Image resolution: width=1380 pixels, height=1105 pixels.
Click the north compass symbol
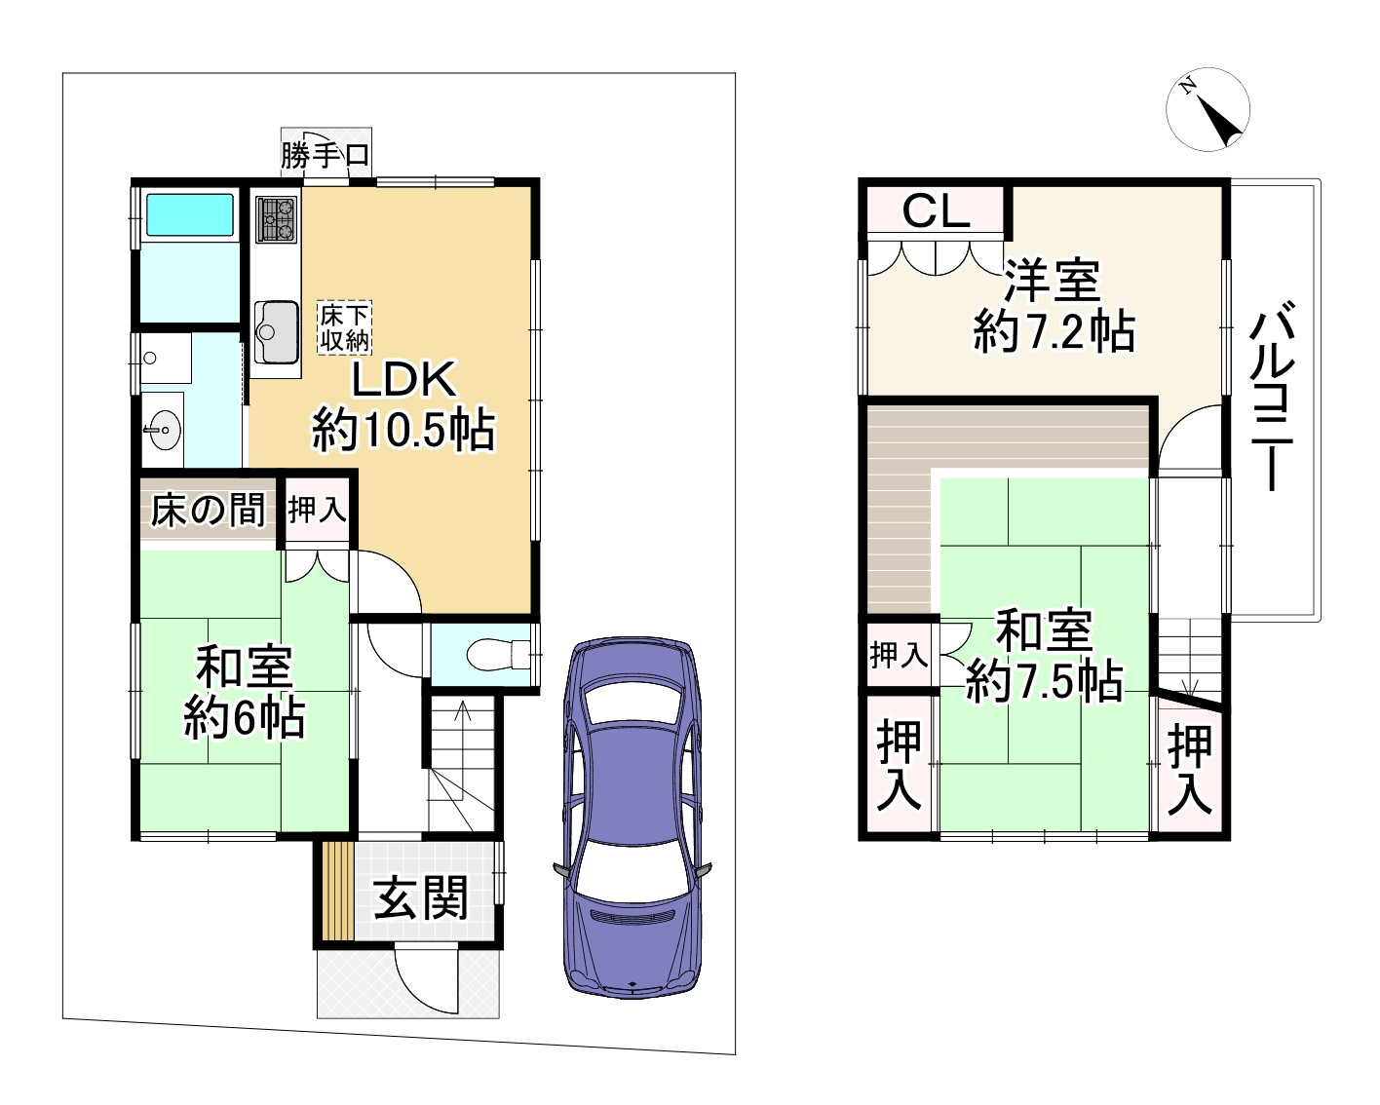[1207, 110]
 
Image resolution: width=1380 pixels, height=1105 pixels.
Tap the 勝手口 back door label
[325, 155]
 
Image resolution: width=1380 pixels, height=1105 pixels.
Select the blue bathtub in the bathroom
[189, 215]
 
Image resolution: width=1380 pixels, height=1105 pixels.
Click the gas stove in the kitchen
[276, 219]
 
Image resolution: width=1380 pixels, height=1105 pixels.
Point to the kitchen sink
[276, 328]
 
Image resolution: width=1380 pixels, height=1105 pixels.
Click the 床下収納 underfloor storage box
[343, 328]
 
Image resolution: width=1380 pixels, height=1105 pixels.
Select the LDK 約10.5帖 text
[403, 404]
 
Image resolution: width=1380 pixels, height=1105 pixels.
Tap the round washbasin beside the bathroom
[162, 430]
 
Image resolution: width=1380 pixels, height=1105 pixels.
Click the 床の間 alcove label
[209, 510]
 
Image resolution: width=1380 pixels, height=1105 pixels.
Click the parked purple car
[632, 819]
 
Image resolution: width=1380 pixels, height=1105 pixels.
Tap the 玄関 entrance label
[421, 897]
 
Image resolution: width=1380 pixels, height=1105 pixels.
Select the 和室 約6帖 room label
[244, 694]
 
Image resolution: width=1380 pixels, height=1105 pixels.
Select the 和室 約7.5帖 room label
[1043, 657]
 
